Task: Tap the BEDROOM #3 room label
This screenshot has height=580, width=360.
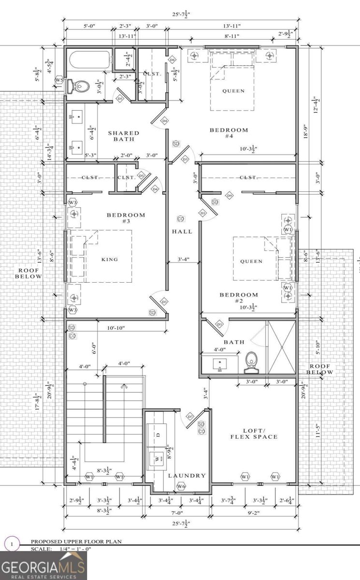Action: tap(126, 218)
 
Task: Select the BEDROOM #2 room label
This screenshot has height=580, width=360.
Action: tap(239, 298)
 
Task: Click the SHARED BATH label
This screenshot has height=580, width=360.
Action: tap(123, 136)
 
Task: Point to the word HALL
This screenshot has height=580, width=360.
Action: tap(182, 232)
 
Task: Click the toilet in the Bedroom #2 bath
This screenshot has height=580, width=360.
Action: tap(252, 362)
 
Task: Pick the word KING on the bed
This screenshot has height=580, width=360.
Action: tap(110, 259)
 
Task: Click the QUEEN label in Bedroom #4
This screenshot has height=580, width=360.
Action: tap(233, 91)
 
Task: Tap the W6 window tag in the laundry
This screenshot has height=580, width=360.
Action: tap(181, 486)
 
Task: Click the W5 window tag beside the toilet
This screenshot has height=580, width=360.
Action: tap(59, 80)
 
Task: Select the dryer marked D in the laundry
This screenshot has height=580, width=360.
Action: tap(158, 434)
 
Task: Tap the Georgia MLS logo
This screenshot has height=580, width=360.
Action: tap(43, 565)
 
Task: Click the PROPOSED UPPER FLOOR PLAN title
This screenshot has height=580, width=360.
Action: tap(76, 542)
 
